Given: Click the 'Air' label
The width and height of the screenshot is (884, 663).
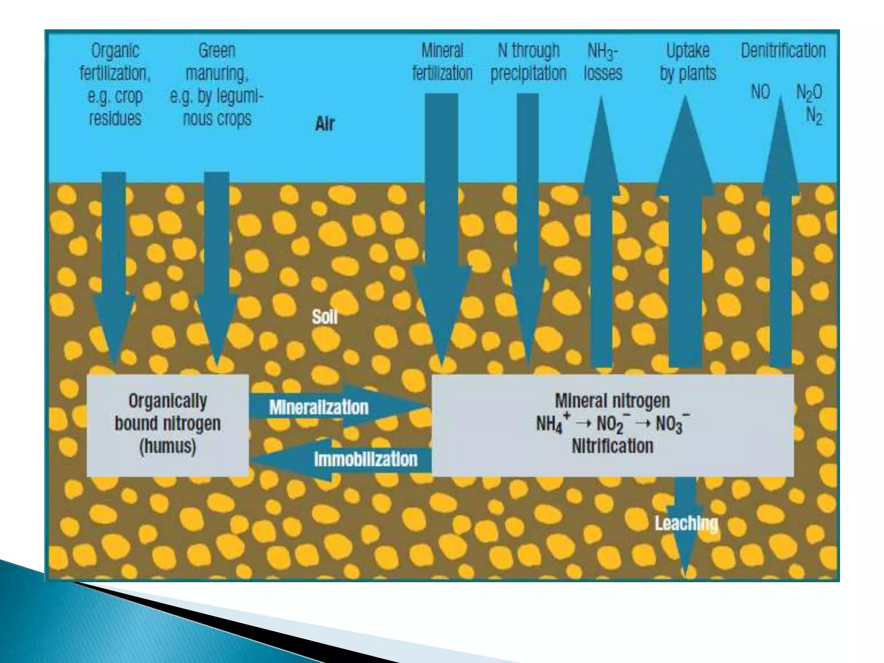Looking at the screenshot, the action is click(325, 124).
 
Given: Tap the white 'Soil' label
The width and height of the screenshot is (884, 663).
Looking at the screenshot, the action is click(325, 317).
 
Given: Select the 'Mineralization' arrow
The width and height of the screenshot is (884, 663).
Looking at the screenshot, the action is click(319, 407).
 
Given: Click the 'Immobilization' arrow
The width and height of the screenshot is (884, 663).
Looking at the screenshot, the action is click(365, 459).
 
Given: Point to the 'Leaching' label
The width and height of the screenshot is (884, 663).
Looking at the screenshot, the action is click(686, 524).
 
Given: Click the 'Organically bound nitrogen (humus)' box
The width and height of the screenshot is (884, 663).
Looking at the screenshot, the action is click(167, 425).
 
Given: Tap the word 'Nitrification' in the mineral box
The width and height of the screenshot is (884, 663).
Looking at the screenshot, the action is click(612, 446).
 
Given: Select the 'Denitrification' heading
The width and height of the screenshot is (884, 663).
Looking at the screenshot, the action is click(783, 51).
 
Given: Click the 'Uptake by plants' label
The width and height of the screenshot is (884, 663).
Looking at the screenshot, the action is click(688, 62).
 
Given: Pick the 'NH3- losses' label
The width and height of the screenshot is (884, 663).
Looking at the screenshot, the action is click(603, 62).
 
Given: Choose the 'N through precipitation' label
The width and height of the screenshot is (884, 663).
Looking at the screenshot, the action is click(528, 62).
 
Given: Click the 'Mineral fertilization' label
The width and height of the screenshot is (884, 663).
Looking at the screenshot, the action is click(442, 62).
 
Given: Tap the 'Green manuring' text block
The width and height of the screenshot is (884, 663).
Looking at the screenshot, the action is click(217, 84).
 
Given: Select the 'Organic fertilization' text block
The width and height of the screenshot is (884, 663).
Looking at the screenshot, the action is click(115, 84).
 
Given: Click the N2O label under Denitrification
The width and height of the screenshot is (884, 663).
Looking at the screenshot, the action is click(809, 92).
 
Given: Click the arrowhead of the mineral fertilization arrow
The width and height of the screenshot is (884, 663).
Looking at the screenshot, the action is click(441, 311).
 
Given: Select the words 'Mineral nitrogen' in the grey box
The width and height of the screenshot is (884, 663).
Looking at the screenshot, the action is click(612, 401).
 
